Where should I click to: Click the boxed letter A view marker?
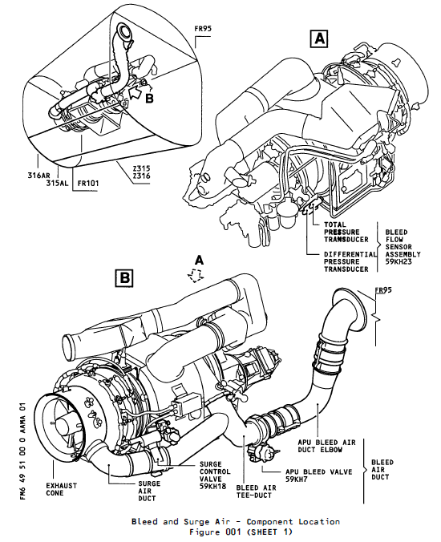click(320, 38)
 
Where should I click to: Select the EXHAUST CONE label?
click(61, 490)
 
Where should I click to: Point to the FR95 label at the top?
click(203, 30)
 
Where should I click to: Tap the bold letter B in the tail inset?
click(149, 99)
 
